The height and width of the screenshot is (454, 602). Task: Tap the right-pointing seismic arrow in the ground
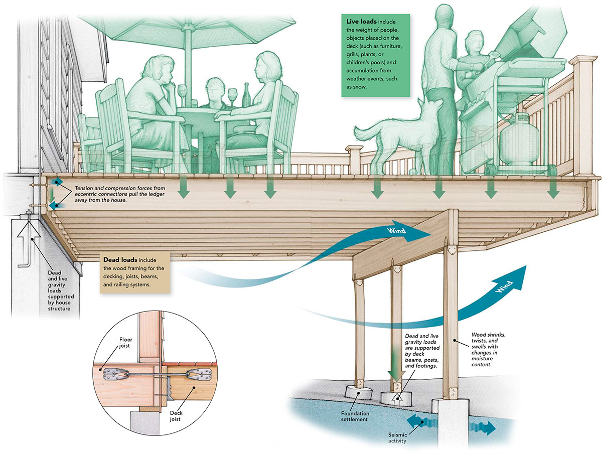(485, 427)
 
